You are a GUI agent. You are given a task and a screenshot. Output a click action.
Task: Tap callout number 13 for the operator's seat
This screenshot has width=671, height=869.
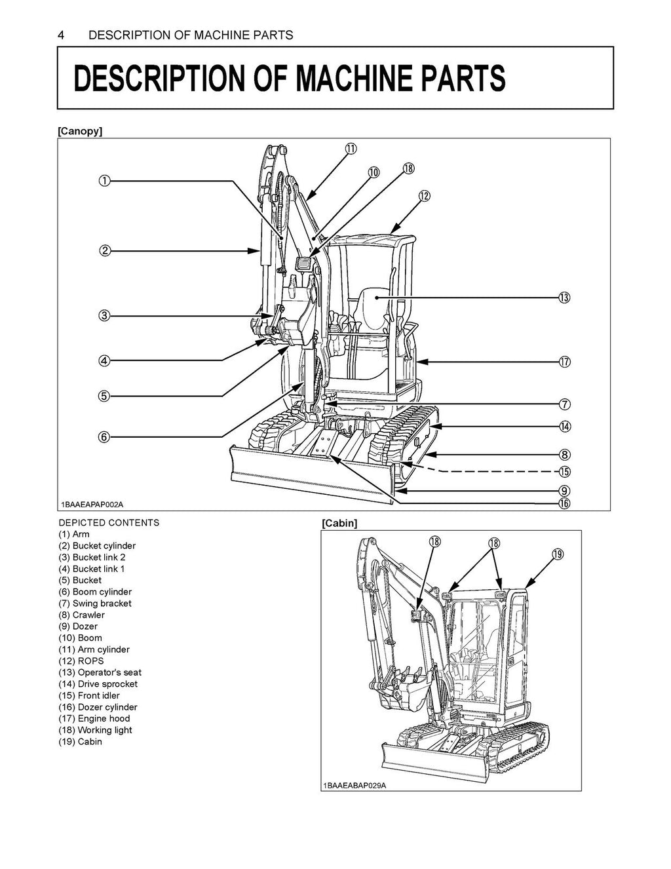(564, 298)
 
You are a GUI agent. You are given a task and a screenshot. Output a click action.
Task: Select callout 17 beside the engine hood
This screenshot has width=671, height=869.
(564, 362)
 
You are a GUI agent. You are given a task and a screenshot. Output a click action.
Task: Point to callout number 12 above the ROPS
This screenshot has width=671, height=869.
(425, 196)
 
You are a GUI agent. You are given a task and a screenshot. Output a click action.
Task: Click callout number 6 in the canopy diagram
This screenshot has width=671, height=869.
(104, 436)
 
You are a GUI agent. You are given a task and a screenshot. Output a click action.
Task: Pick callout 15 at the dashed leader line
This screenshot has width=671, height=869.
(564, 471)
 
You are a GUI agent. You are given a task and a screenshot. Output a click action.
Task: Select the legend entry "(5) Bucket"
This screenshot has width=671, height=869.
(80, 580)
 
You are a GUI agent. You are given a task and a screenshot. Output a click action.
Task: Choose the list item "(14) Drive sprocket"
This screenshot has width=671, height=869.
(98, 684)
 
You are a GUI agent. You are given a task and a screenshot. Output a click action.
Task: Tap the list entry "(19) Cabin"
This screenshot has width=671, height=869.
(80, 741)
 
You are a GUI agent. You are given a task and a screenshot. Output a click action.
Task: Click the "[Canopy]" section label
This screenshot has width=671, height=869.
(80, 131)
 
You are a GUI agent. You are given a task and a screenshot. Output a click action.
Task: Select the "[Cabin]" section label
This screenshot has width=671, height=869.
(339, 523)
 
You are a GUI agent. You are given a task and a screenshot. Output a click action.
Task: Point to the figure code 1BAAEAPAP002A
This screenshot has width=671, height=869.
(92, 504)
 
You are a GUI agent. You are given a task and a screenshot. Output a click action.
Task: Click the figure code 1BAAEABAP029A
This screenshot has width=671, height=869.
(355, 785)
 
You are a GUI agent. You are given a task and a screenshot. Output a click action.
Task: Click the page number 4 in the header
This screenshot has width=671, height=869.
(61, 35)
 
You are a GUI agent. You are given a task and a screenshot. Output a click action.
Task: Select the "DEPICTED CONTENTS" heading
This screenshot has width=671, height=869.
(109, 522)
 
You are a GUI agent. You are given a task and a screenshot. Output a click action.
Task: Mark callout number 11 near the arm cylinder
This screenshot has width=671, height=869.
(351, 149)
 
